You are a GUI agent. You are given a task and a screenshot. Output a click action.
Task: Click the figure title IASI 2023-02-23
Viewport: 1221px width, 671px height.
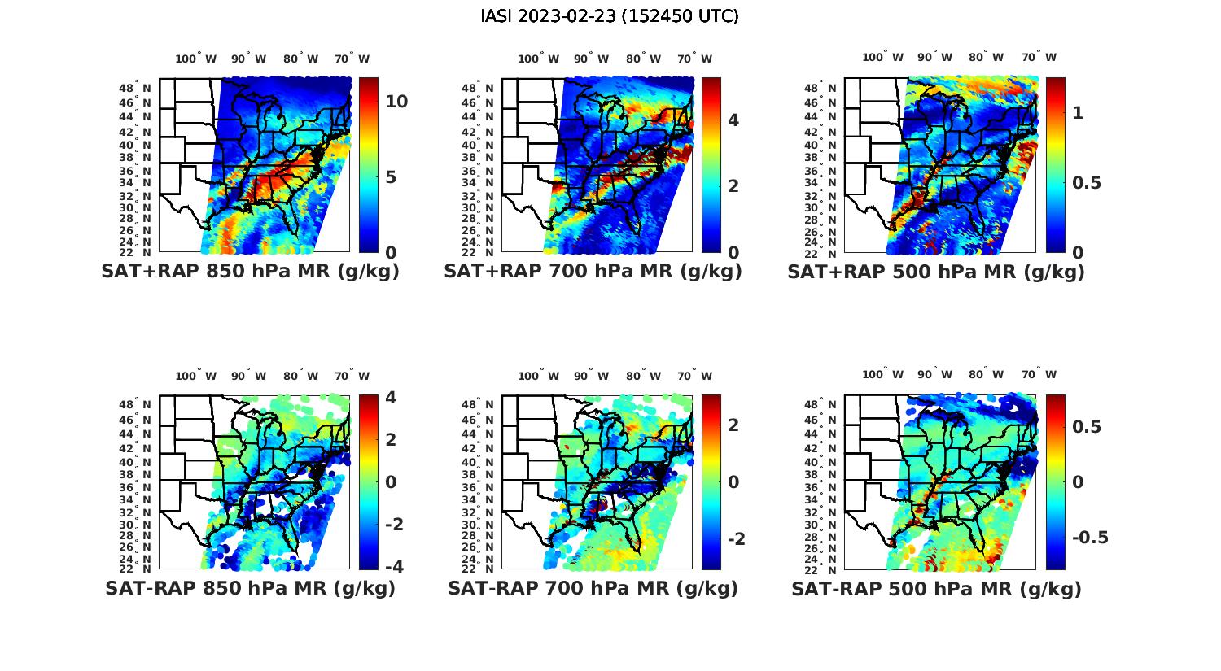point(610,16)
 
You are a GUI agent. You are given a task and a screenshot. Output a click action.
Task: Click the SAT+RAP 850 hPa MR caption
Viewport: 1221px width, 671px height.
point(250,272)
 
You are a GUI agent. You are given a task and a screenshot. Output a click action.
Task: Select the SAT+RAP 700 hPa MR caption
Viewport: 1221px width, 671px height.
point(593,272)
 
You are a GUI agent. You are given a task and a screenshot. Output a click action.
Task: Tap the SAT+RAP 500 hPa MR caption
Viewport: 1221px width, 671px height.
point(936,272)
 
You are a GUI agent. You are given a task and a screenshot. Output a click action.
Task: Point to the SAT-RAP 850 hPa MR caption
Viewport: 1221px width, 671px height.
point(250,588)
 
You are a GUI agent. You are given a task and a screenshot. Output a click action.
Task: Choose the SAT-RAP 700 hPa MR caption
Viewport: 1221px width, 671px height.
point(593,588)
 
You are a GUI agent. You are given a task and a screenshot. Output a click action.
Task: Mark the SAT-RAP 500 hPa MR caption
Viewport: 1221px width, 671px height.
point(936,588)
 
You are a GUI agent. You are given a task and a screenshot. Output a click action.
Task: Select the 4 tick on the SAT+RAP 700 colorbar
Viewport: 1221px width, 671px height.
point(733,120)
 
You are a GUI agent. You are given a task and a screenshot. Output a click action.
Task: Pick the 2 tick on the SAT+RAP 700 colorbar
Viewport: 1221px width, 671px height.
point(733,185)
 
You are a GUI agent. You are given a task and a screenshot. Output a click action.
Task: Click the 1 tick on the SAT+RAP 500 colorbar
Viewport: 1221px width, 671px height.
point(1078,113)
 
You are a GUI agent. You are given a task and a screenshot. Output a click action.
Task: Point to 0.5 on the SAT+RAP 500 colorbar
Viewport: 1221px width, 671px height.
point(1087,183)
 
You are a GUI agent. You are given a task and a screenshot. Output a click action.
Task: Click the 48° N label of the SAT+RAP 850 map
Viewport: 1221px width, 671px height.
point(136,88)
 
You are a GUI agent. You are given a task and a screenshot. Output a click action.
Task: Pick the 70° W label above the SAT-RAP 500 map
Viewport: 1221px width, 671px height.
point(1039,375)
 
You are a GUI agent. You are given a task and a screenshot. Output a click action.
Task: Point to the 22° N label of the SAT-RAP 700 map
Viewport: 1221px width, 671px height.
point(479,569)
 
